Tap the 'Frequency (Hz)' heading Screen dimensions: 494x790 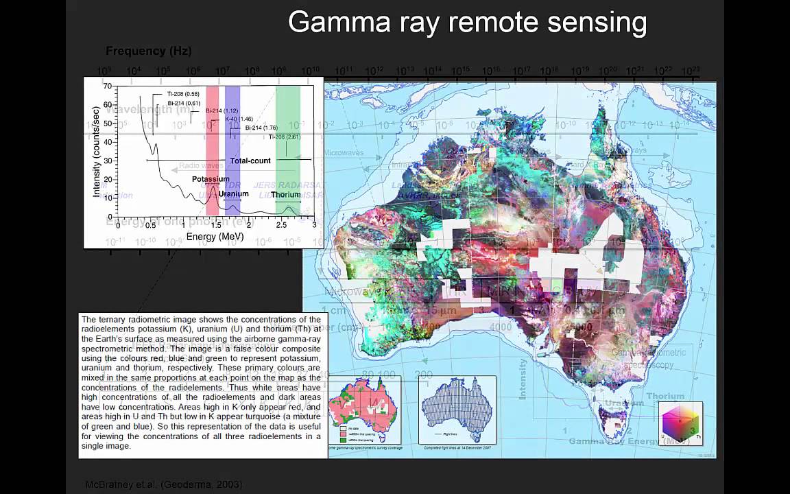coord(148,51)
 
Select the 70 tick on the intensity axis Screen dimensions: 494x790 coord(107,87)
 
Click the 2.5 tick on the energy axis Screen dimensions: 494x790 coord(282,225)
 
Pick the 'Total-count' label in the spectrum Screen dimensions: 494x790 coord(250,161)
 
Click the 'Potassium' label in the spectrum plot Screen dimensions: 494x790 coord(211,179)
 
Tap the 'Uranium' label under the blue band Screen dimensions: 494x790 coord(233,193)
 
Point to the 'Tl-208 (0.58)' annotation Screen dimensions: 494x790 coord(183,94)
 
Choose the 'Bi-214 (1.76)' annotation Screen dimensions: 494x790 coord(261,128)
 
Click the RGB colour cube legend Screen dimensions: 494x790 coord(680,422)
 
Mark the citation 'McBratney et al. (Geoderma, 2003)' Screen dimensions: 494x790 coord(163,484)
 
